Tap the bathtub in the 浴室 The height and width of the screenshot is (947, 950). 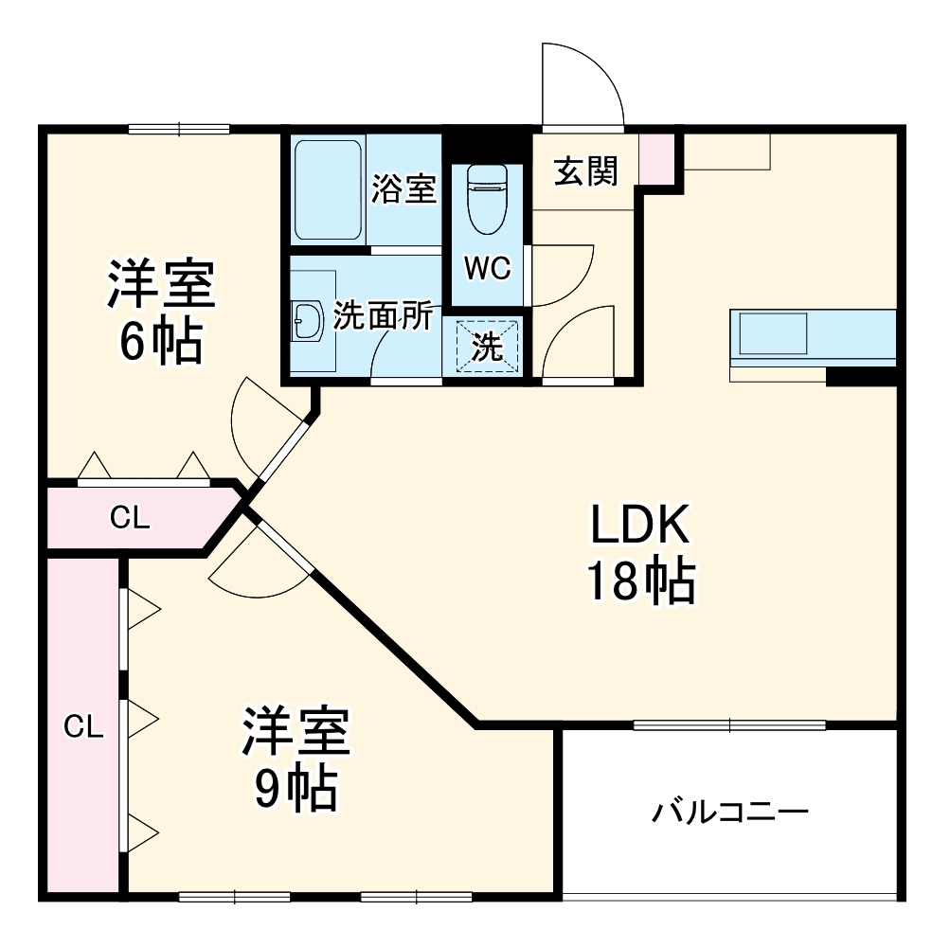[327, 190]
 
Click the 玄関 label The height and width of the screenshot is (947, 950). [585, 170]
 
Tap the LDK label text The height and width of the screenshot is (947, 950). [643, 525]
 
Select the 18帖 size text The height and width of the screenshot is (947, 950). [641, 581]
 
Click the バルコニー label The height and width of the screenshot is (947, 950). [729, 812]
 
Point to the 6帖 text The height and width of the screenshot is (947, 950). [161, 343]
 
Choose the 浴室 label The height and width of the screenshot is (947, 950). [403, 188]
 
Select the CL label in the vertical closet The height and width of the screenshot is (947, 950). [83, 726]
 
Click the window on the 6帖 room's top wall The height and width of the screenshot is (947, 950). [179, 130]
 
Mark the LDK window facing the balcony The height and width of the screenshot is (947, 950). [728, 726]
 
